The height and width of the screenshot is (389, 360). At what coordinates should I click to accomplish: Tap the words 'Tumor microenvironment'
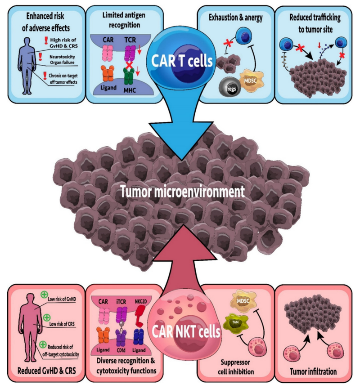[182, 192]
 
